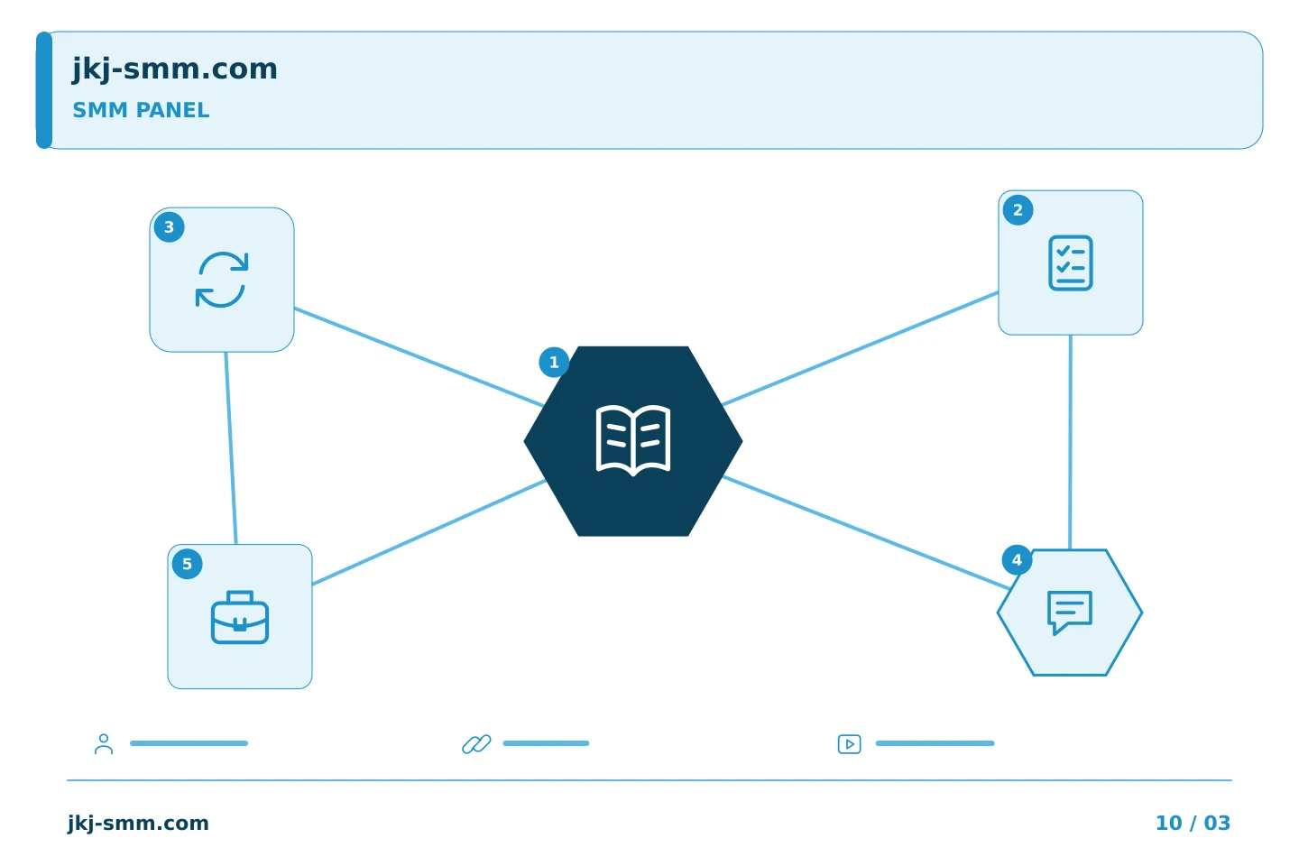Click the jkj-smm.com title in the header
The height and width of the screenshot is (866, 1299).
(175, 69)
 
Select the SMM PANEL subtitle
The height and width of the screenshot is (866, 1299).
(141, 110)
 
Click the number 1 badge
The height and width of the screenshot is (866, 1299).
(554, 363)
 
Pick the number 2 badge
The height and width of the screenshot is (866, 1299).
(1018, 210)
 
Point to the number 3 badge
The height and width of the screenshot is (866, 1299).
(170, 227)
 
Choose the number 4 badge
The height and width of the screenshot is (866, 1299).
(1017, 560)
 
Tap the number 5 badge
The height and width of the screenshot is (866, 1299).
(188, 565)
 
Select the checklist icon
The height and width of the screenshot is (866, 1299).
(1071, 263)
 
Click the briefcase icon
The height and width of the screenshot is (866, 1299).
(240, 618)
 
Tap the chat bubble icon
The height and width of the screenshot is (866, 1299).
(1070, 613)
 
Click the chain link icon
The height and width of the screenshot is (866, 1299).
(476, 744)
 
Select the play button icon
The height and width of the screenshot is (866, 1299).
(850, 744)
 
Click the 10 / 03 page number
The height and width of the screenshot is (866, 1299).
(1193, 823)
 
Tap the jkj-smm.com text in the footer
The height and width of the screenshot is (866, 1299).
(138, 824)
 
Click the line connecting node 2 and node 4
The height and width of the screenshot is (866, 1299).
(1071, 443)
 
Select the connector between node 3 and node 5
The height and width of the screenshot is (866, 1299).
(231, 448)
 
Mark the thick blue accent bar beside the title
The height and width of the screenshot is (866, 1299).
(44, 90)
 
